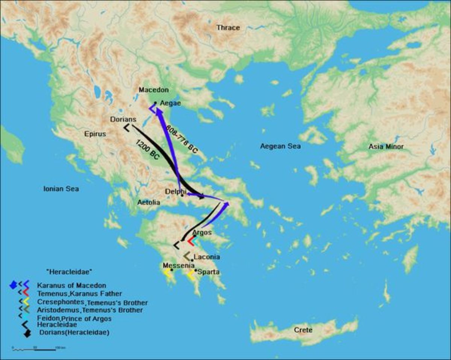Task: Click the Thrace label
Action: [x=228, y=27]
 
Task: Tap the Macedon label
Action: [x=153, y=90]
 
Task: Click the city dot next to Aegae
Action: [x=156, y=102]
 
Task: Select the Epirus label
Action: [x=95, y=134]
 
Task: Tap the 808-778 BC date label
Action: [x=185, y=139]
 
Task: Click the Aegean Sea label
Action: [x=280, y=146]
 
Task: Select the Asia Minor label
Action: [x=386, y=146]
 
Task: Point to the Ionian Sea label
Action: [x=61, y=189]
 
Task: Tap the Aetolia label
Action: [x=148, y=202]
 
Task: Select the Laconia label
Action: [x=207, y=257]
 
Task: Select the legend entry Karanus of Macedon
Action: [x=71, y=286]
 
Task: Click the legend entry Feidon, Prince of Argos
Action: [x=74, y=319]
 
